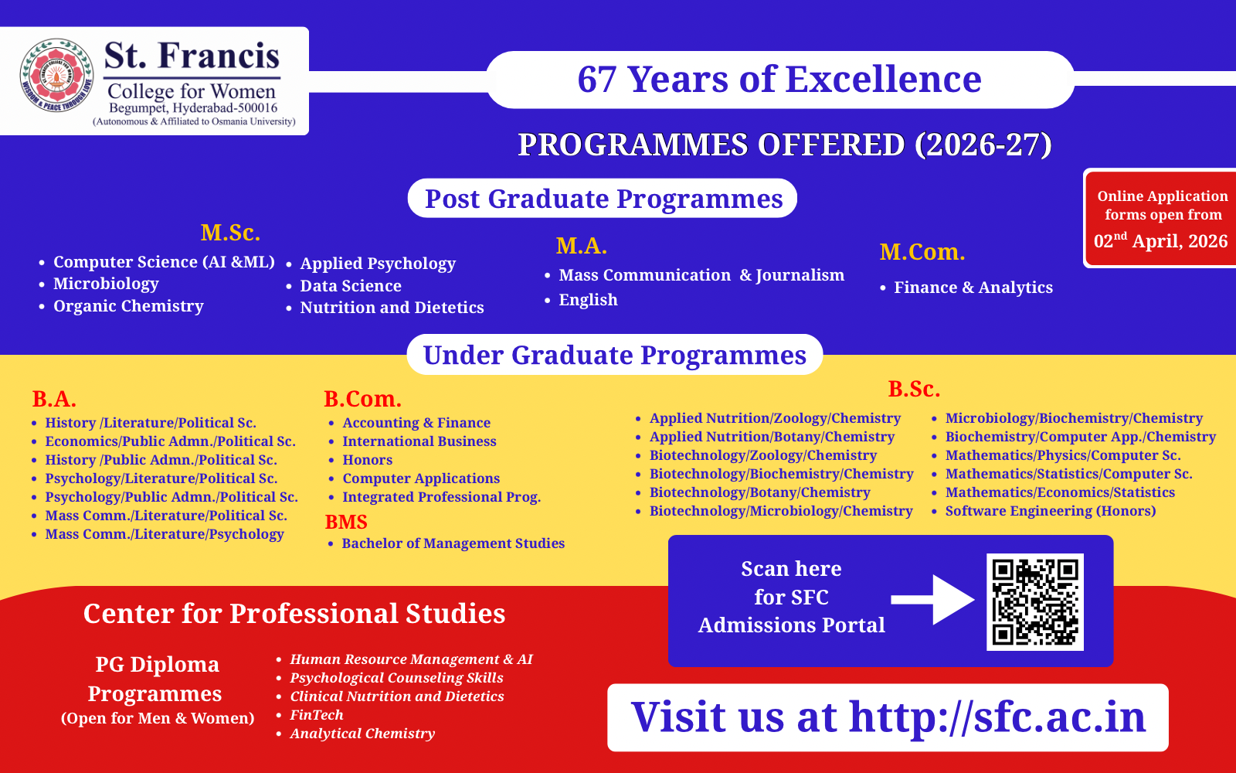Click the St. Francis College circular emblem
57,74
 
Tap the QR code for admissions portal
1034,602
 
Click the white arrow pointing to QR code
932,600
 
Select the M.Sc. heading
230,233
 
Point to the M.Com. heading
922,252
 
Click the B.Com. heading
362,399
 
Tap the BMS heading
346,522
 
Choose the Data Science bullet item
351,285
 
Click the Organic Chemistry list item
128,306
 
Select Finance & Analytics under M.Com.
973,287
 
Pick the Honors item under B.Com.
368,459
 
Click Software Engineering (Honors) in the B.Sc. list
1051,511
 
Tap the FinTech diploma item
317,714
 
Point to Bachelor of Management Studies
453,543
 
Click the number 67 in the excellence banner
596,80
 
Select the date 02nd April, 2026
1160,240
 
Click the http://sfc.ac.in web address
997,717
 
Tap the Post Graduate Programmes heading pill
603,198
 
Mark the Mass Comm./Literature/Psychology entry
165,534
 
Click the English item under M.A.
588,300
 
